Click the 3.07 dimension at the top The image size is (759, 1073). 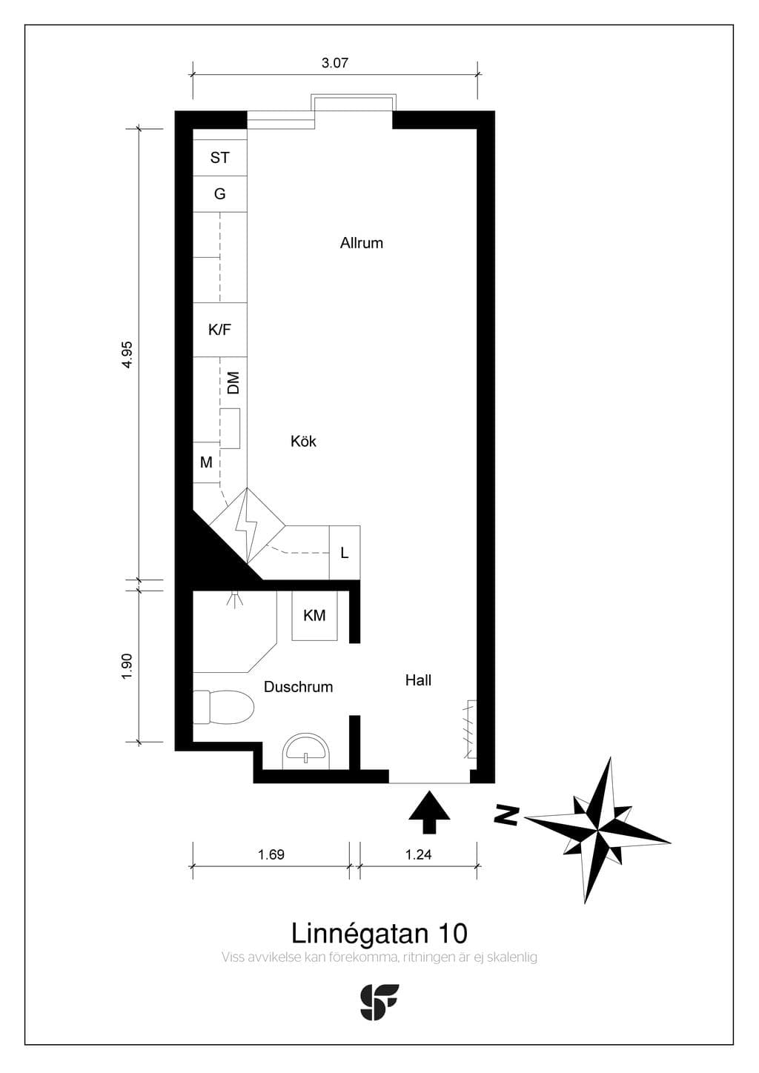click(x=334, y=63)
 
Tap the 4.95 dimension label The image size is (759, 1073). click(x=127, y=354)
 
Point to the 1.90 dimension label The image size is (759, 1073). click(x=127, y=666)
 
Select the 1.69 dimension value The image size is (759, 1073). click(x=271, y=854)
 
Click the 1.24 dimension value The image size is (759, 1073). click(x=418, y=854)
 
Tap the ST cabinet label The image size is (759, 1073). click(x=220, y=158)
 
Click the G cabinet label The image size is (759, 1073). click(x=220, y=194)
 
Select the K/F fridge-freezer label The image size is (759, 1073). click(x=220, y=330)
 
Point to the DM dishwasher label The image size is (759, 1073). click(x=233, y=382)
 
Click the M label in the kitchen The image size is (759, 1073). click(x=206, y=462)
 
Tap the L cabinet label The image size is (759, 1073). click(x=345, y=554)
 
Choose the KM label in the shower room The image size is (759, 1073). click(x=314, y=616)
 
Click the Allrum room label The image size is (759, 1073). click(x=362, y=243)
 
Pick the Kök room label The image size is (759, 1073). click(x=303, y=441)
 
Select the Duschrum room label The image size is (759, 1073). click(x=299, y=687)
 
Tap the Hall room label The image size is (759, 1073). click(x=418, y=680)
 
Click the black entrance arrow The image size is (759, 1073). click(x=429, y=812)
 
